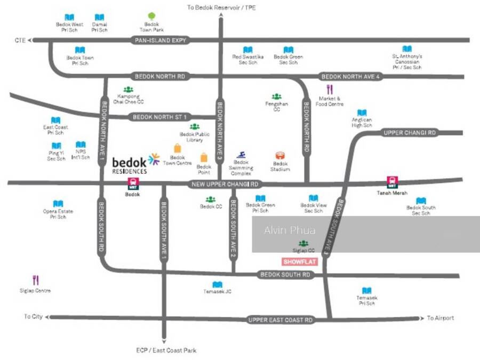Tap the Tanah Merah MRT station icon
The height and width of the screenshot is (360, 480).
tap(393, 182)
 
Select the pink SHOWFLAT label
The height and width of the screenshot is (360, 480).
tap(299, 262)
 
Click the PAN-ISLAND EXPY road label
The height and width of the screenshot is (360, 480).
tap(159, 40)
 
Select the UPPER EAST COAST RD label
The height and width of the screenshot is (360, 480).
tap(281, 320)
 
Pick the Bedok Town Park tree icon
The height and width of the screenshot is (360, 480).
tap(151, 17)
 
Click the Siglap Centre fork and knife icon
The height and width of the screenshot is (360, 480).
tap(36, 279)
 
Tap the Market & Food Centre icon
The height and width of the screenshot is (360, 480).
tap(330, 90)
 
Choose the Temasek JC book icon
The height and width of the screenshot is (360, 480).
tap(217, 285)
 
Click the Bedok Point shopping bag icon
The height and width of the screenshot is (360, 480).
tap(204, 157)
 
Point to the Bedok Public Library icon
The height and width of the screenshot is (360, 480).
tap(195, 126)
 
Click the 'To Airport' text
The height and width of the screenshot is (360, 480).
tap(441, 318)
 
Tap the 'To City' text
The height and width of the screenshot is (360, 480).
tap(33, 317)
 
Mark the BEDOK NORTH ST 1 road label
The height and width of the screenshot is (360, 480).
tap(159, 117)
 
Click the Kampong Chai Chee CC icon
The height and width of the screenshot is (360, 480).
tap(128, 89)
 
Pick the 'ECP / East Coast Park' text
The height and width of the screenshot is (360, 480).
tap(165, 350)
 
